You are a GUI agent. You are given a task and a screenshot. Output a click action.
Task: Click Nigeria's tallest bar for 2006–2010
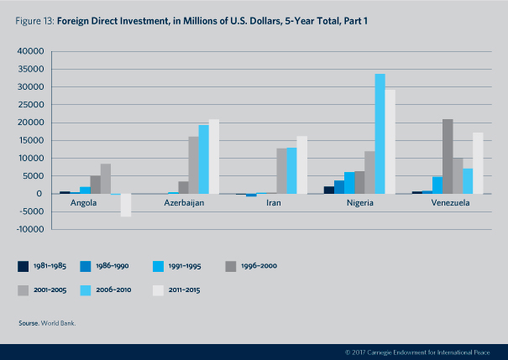(x=380, y=134)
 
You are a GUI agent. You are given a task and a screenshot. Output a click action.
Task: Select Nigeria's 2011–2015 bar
(x=390, y=142)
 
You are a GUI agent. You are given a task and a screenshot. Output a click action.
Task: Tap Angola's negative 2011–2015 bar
(x=126, y=205)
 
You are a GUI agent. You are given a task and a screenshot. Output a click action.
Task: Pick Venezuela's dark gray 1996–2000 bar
(x=448, y=156)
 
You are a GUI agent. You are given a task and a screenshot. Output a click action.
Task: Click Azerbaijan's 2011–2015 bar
(x=214, y=157)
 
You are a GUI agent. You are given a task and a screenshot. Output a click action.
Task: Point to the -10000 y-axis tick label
(x=29, y=229)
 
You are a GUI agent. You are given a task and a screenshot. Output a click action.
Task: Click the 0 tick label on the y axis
(x=39, y=194)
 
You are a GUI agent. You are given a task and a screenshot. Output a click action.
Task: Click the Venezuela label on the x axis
(x=452, y=203)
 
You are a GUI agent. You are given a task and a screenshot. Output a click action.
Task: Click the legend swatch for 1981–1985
(x=24, y=266)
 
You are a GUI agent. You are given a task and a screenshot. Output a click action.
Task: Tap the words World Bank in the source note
(x=60, y=322)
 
